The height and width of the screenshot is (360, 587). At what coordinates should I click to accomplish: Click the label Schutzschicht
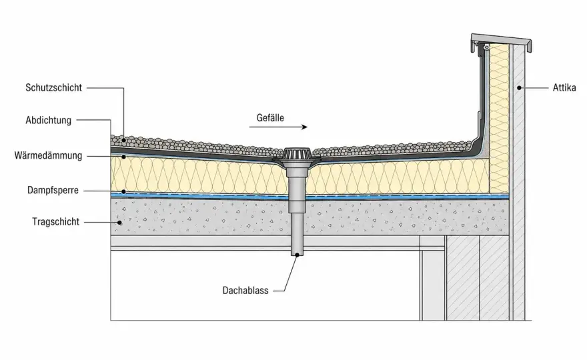coord(53,87)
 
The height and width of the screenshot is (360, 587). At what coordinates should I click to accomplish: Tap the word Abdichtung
coord(48,120)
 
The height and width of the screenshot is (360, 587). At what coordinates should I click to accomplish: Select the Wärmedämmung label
coord(48,155)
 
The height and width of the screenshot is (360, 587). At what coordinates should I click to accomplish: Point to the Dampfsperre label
coord(53,190)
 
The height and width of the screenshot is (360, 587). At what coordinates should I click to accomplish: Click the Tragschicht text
coord(56,221)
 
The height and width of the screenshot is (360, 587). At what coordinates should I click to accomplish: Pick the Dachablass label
coord(245,291)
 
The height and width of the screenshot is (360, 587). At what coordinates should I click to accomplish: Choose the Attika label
coord(564,88)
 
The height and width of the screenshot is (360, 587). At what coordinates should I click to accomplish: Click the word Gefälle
coord(270,118)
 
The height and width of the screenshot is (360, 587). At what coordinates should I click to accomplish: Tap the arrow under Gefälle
coord(278,127)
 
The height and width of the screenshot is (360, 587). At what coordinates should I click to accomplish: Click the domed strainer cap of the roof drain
coord(298,154)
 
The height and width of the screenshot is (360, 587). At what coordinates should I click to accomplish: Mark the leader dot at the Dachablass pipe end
coord(298,255)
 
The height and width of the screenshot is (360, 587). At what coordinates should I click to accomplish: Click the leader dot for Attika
coord(519,88)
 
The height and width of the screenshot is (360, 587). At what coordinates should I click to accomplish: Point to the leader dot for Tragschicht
coord(120,222)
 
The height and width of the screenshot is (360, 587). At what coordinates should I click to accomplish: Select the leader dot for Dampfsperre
coord(123,191)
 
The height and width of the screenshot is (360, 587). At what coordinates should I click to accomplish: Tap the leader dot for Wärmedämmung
coord(123,157)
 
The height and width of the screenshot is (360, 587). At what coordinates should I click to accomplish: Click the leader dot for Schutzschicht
coord(123,140)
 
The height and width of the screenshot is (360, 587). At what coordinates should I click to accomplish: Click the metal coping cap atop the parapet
coord(501,41)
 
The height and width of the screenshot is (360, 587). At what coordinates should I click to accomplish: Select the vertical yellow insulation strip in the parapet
coord(499,118)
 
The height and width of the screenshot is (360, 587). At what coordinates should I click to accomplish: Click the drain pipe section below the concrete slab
coord(298,245)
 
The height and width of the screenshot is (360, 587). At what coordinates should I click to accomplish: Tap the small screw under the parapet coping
coord(486,47)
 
